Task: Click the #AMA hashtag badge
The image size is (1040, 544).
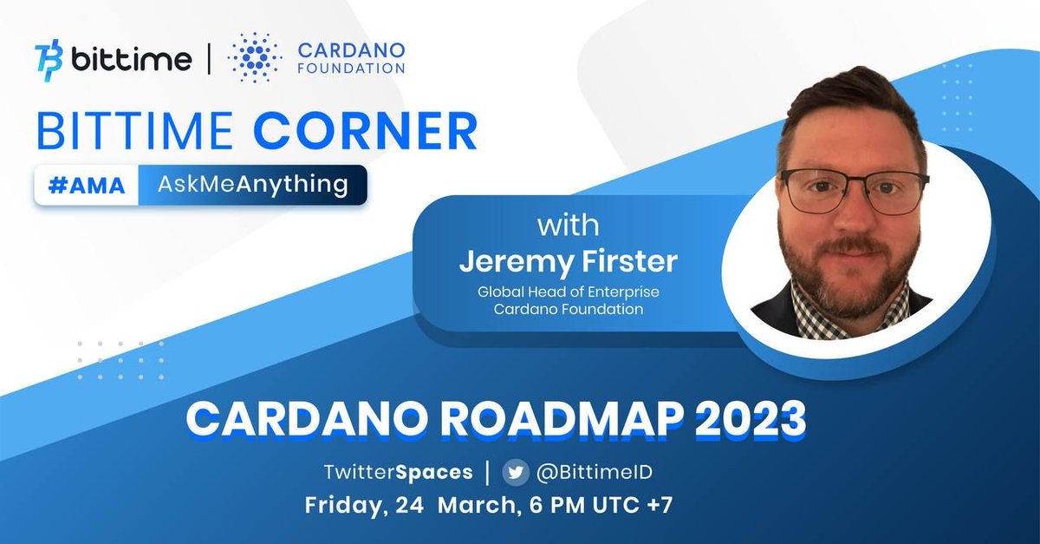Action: point(87,185)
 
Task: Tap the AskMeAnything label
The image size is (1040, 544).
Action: point(253,185)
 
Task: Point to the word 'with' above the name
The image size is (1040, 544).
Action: point(568,226)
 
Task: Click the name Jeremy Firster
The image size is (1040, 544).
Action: point(568,261)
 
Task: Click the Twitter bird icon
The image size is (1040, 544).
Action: point(517,473)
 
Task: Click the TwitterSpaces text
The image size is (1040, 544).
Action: point(398,473)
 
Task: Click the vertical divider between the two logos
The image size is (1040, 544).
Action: point(208,60)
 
